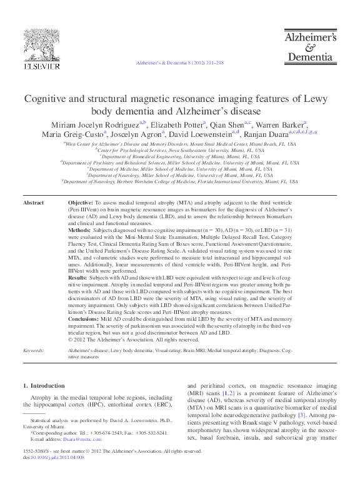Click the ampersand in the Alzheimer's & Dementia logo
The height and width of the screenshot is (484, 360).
(x=311, y=46)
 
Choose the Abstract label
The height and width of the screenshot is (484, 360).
(x=33, y=203)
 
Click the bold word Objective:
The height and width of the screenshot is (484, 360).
(x=80, y=203)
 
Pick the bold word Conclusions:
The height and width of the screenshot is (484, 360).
(x=85, y=317)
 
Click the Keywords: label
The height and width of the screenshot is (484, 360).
(x=32, y=351)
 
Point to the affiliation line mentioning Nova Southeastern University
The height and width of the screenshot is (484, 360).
(x=179, y=151)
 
